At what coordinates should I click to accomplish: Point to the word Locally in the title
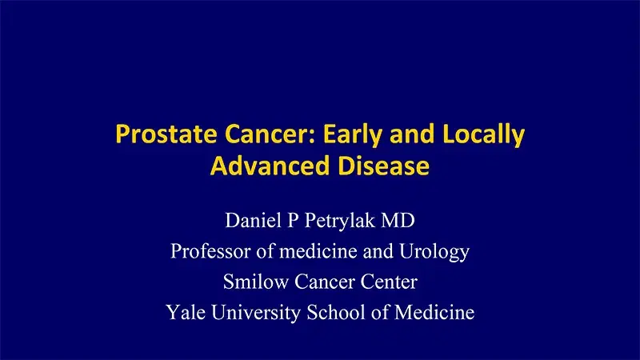[486, 134]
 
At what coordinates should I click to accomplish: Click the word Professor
[207, 250]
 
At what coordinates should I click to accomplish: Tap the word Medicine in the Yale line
[434, 312]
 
